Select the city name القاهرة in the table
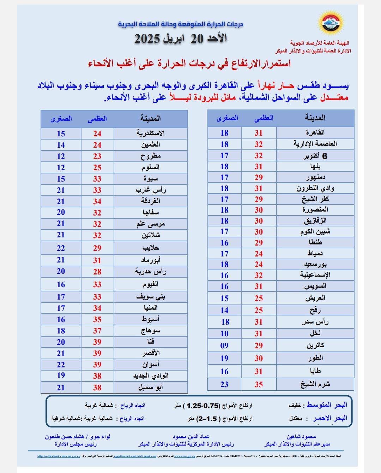315,132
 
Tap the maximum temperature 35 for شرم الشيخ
259,384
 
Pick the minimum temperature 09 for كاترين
224,346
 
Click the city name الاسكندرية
151,134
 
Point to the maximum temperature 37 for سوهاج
97,331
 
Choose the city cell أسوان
151,365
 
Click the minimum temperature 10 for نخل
224,334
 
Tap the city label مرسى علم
151,224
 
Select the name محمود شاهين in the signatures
301,437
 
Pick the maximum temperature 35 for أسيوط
97,320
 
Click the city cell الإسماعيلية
315,275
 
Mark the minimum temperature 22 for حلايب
61,248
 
